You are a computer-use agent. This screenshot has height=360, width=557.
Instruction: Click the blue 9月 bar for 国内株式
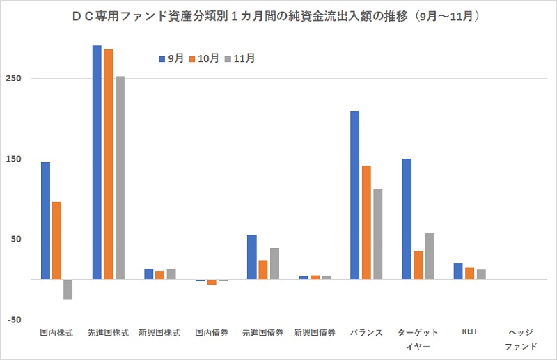pos(45,221)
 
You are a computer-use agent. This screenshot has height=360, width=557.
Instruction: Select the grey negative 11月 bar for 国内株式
pos(68,290)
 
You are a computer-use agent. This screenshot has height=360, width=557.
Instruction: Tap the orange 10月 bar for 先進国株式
pos(108,164)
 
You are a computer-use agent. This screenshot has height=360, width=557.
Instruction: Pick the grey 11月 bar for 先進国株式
pos(120,178)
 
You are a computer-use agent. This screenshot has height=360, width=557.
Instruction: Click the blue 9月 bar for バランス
pos(355,195)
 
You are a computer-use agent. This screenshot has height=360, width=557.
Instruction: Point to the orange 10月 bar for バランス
pos(366,222)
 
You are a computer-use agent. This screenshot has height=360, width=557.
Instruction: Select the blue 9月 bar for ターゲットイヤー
pos(407,219)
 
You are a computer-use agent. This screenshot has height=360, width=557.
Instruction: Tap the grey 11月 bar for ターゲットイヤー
pos(430,256)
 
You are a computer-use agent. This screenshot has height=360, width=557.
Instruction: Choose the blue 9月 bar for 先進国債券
pos(252,257)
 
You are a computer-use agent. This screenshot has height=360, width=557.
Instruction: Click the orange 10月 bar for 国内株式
pos(56,240)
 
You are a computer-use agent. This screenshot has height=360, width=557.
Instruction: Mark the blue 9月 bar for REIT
pos(458,271)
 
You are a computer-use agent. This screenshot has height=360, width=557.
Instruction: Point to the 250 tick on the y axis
pos(15,78)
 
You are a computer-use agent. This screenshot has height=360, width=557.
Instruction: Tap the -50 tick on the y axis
pos(15,320)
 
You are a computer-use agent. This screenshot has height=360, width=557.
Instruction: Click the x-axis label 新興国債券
pos(315,333)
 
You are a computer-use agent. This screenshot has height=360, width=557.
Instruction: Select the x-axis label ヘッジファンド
pos(520,339)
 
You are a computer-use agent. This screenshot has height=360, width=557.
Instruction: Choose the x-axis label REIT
pos(469,332)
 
